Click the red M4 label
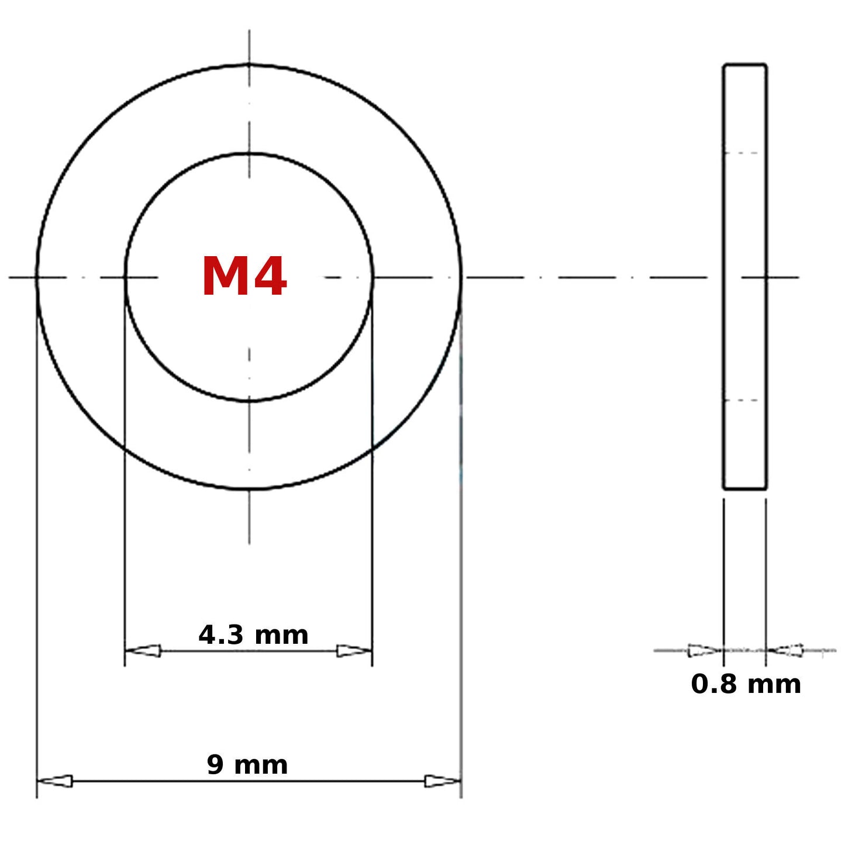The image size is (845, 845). pos(244,277)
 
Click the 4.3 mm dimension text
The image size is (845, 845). pos(253,635)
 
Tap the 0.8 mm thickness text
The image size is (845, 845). pos(746,684)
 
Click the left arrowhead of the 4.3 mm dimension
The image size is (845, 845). pos(143,651)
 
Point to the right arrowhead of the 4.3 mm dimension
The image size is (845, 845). pos(354,651)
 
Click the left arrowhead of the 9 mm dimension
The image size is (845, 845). pos(55,781)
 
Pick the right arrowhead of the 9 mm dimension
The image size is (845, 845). pos(443,781)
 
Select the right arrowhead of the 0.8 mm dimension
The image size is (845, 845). pos(785,651)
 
